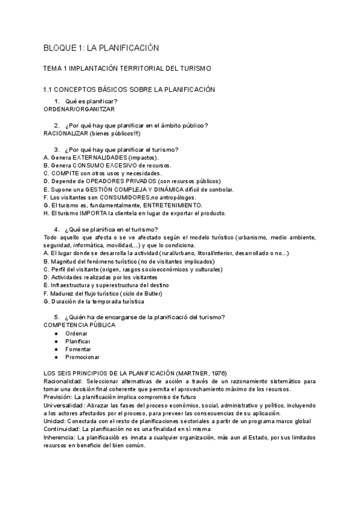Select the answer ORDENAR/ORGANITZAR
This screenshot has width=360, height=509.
click(x=80, y=109)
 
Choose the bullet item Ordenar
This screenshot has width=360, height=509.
click(x=76, y=333)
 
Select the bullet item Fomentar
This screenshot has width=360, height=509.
click(x=78, y=349)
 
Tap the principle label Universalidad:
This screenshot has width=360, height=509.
click(x=65, y=405)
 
